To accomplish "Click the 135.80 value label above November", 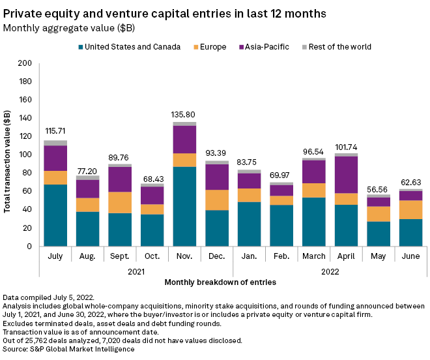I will coord(184,115).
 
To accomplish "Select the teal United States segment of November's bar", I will coord(184,206).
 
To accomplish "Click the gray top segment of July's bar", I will coord(55,143).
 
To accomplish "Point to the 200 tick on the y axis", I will coord(25,64).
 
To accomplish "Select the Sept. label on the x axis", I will coord(120,256).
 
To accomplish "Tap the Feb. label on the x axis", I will coord(280,256).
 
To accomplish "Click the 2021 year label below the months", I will coord(136,269).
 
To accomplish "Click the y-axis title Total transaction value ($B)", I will coord(9,155).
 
